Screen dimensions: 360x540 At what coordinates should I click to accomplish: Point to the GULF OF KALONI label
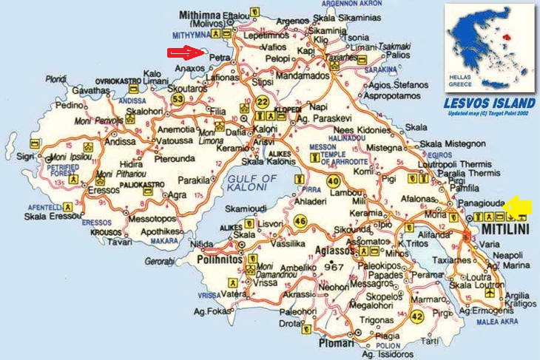(x=252, y=183)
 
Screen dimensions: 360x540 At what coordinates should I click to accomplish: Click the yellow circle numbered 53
(x=177, y=98)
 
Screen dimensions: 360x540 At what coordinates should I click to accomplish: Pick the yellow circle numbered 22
(x=262, y=103)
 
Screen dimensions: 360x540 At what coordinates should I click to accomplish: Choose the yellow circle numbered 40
(x=334, y=182)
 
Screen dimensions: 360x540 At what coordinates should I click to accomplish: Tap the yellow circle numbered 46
(x=300, y=220)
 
